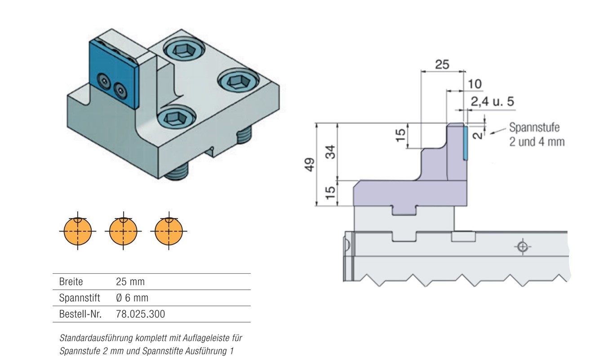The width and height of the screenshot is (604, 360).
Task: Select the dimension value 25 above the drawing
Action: coord(442,64)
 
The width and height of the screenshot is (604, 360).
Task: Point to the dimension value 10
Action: coord(475,84)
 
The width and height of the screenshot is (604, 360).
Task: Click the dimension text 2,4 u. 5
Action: coord(492,102)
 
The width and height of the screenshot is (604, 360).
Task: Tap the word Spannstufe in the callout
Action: coord(534,127)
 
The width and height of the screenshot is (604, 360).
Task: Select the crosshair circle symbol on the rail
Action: coord(522,246)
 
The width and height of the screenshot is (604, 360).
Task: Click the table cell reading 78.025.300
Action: coord(140,314)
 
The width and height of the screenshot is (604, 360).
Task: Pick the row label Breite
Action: coord(71,282)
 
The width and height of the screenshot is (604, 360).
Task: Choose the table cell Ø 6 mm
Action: coord(132,298)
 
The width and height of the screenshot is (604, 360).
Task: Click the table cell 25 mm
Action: coord(130,282)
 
